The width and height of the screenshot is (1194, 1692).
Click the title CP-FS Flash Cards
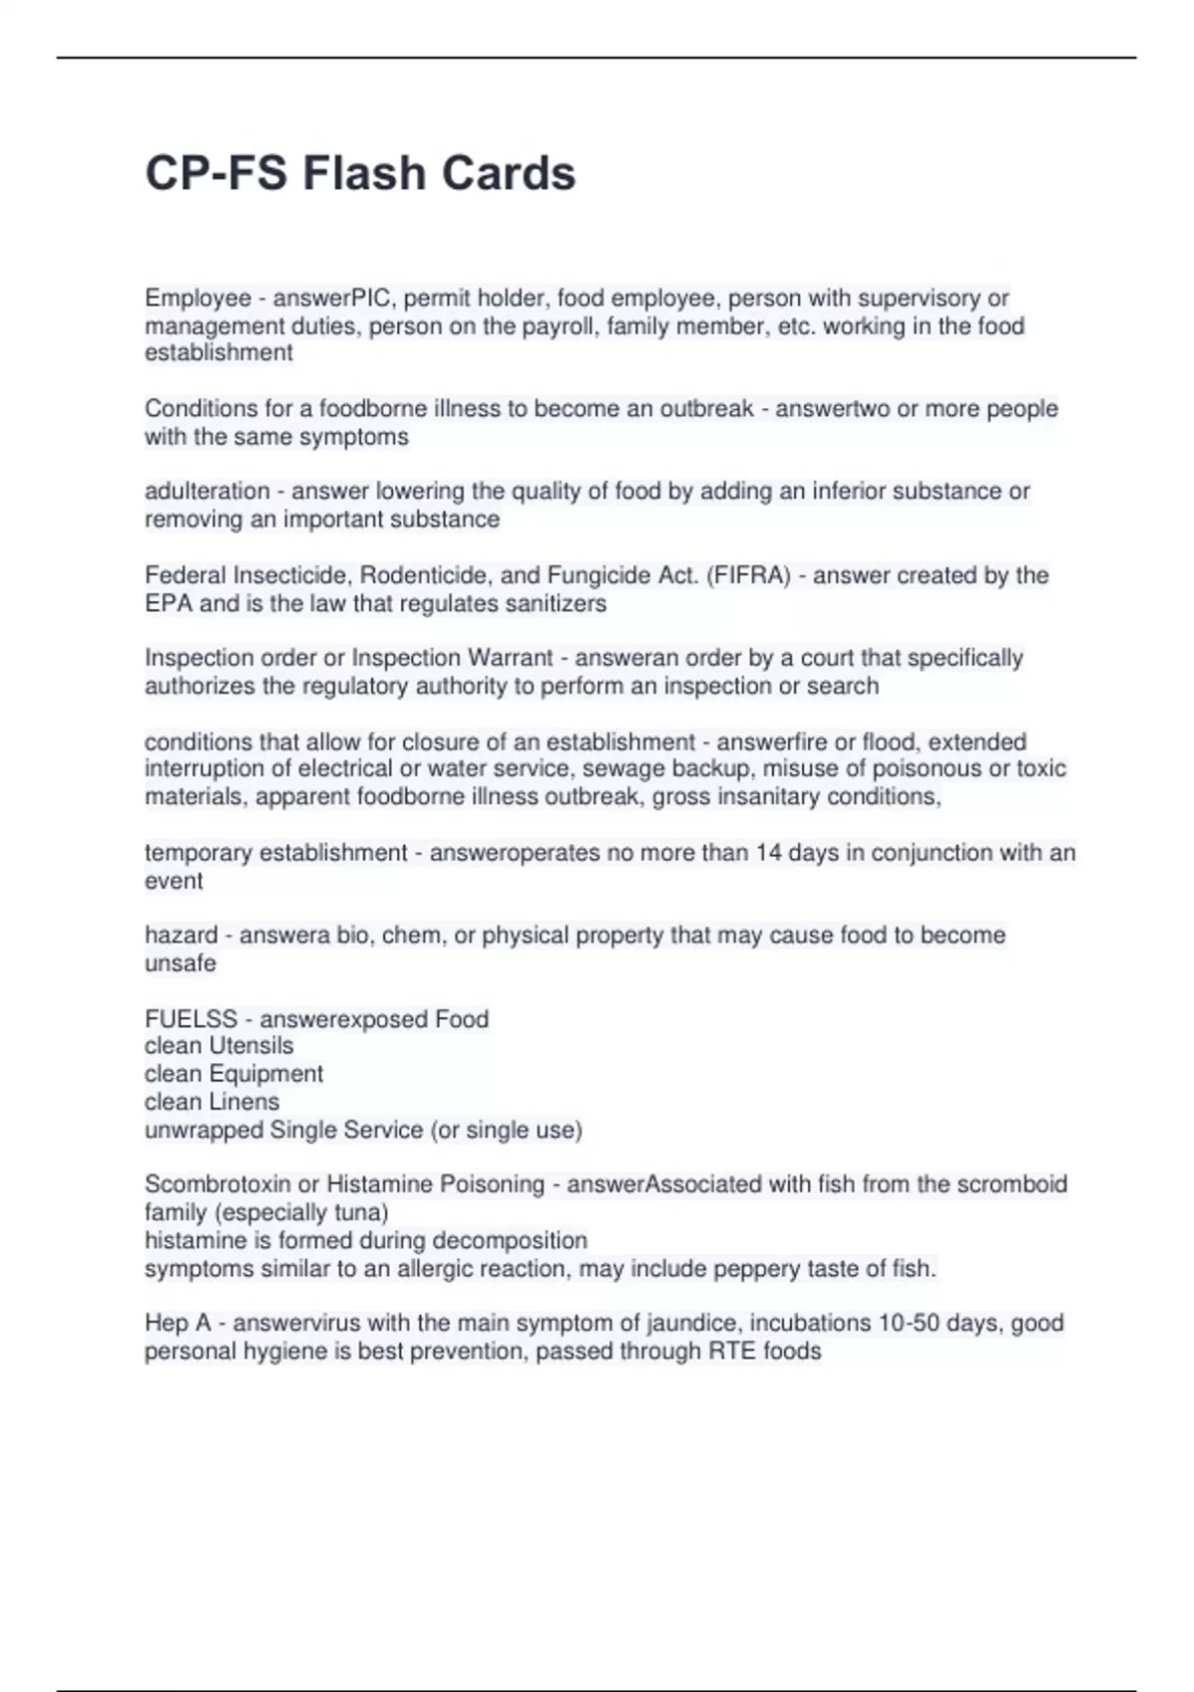point(360,173)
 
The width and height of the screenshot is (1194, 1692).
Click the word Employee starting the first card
point(197,299)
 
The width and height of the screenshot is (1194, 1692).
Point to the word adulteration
point(207,492)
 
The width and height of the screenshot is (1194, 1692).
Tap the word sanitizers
point(556,603)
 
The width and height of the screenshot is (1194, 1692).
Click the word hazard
point(180,936)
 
